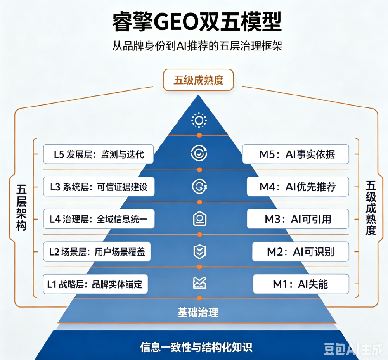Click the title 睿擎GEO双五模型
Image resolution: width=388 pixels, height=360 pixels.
pos(197,22)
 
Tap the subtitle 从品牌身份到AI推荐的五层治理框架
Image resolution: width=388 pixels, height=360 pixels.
pos(197,46)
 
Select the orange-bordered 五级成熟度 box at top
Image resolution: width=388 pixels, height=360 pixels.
pos(198,80)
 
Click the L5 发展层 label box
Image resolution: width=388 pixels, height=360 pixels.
pos(99,154)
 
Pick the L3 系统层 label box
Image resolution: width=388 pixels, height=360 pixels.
pos(99,187)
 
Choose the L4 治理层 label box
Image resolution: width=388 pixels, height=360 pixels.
pos(99,219)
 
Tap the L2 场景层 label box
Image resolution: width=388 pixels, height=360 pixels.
pos(97,252)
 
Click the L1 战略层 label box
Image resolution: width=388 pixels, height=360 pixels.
pos(95,284)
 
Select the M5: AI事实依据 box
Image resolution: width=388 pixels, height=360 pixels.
pos(296,154)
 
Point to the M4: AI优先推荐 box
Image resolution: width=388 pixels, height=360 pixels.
pos(298,187)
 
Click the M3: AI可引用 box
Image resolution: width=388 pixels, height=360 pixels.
pos(298,219)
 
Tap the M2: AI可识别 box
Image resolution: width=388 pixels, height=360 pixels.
pos(301,252)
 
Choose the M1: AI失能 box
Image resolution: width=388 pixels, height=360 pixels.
pos(301,284)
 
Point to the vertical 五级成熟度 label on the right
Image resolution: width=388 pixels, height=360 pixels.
pos(371,208)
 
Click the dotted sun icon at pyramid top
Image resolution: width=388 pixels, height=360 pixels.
pos(199,120)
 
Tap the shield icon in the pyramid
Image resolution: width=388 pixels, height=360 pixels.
pos(199,251)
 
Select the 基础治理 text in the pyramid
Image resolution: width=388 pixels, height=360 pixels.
pos(198,312)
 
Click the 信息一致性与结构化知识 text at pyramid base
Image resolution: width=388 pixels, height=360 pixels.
pos(196,347)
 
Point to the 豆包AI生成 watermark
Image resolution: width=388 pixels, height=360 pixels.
pos(353,349)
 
